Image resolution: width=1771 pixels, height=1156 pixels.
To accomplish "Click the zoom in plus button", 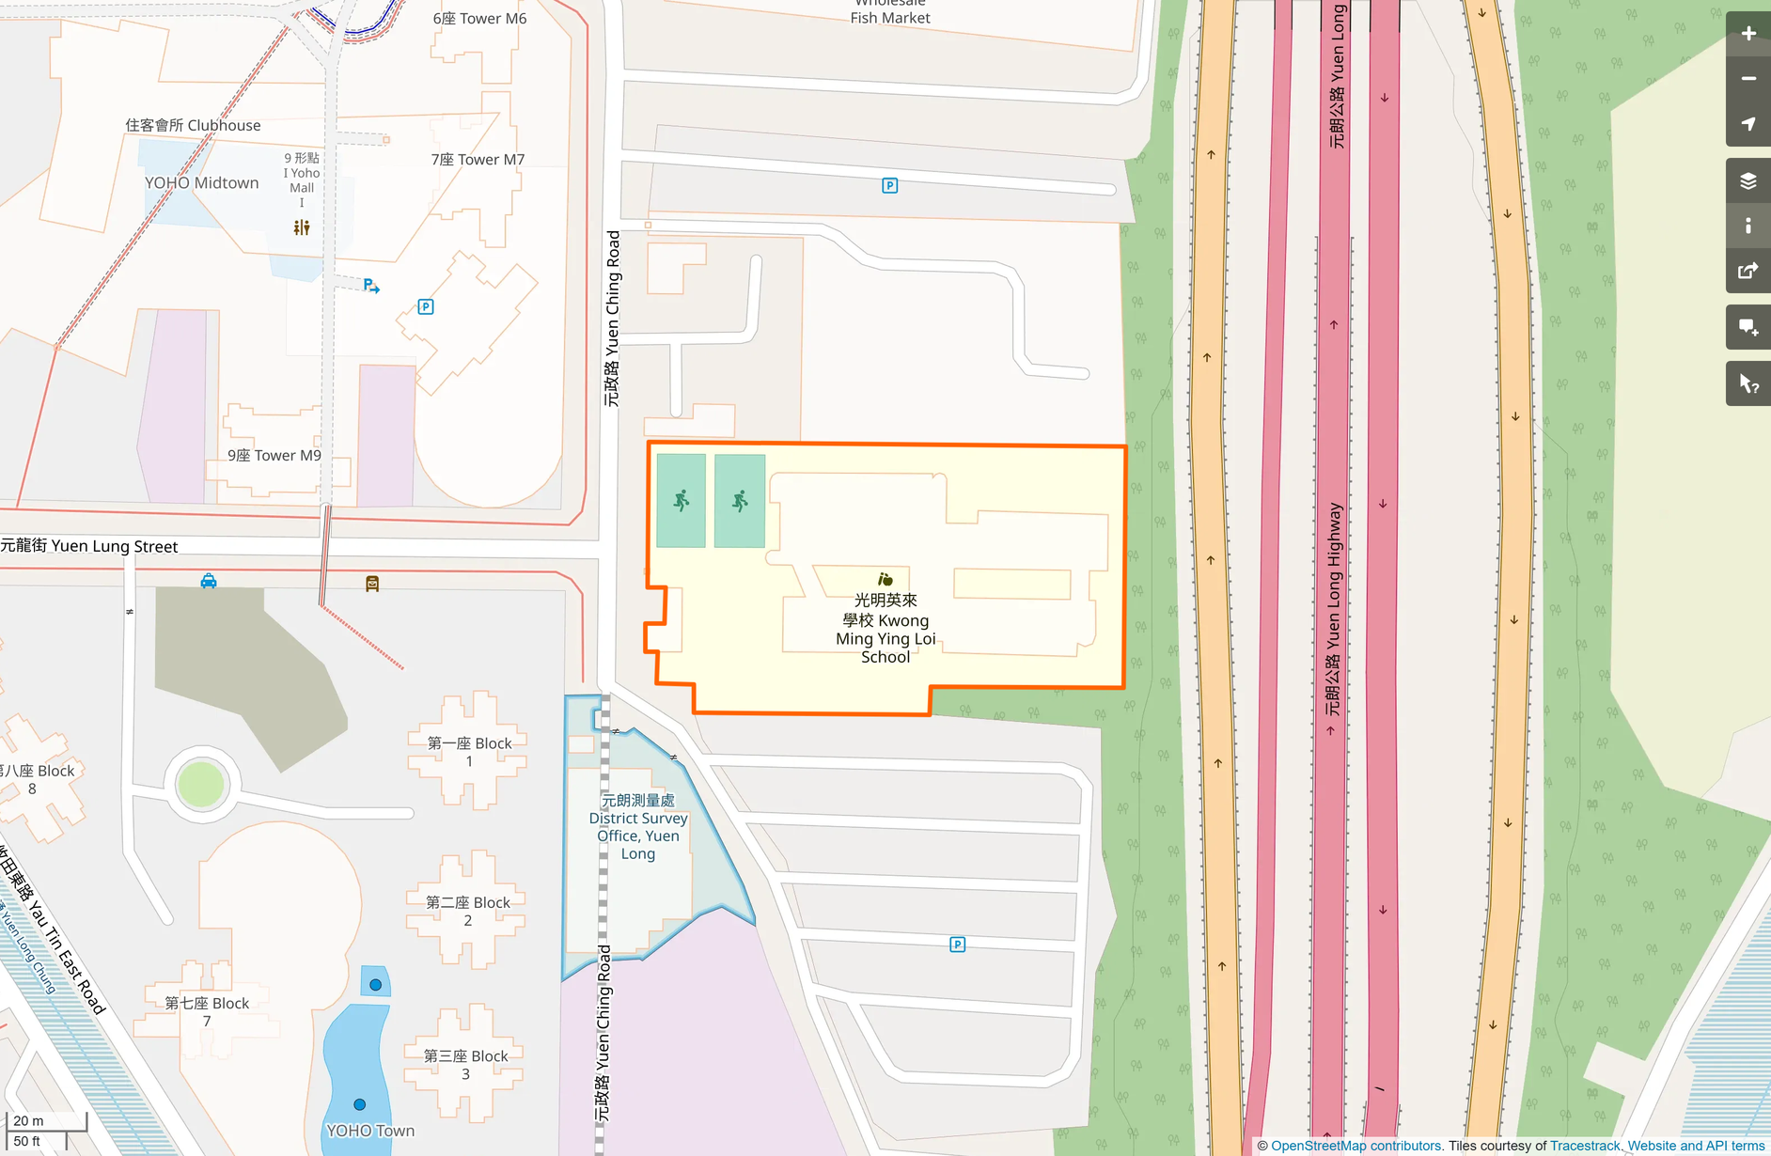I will tap(1747, 34).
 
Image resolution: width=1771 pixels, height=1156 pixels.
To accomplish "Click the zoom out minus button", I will tap(1747, 79).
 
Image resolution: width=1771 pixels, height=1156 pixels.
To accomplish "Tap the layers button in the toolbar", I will tap(1747, 180).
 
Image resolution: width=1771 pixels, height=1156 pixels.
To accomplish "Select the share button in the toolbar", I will tap(1747, 272).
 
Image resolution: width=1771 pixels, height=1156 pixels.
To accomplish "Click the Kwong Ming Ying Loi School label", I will tap(885, 628).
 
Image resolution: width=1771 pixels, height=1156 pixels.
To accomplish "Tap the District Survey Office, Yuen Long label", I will tap(638, 827).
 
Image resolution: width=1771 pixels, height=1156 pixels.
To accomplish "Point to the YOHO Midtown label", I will tap(201, 183).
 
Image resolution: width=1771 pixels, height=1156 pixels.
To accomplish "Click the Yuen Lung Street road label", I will tap(89, 546).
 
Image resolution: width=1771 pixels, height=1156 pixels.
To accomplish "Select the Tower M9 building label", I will tap(274, 456).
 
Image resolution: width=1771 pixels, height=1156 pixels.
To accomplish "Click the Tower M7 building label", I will tap(478, 160).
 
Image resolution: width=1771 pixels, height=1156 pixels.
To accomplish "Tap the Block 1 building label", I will tap(469, 752).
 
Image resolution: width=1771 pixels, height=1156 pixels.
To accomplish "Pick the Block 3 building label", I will tap(465, 1064).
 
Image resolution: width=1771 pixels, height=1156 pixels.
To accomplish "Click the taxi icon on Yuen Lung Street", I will tap(209, 582).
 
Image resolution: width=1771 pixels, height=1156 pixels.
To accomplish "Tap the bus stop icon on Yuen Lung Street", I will tap(372, 585).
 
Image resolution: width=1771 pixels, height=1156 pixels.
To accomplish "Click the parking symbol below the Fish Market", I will tap(889, 186).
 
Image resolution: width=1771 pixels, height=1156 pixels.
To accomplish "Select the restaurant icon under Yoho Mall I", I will tap(302, 227).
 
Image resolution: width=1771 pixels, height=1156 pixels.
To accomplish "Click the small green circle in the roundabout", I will tap(201, 784).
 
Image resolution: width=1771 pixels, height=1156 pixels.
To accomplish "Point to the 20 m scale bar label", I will tap(28, 1120).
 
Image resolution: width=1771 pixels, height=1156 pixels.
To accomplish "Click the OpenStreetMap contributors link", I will tap(1356, 1146).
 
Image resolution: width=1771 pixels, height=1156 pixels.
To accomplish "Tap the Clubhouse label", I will tap(193, 125).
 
